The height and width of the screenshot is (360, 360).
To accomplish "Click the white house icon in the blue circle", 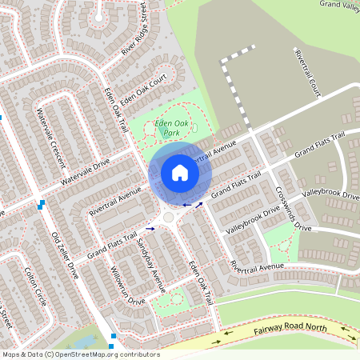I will [179, 173].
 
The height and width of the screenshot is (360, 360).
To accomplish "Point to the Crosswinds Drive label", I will [293, 208].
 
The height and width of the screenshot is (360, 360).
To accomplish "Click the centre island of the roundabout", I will [170, 217].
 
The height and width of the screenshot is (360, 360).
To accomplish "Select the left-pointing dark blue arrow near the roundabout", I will [187, 205].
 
